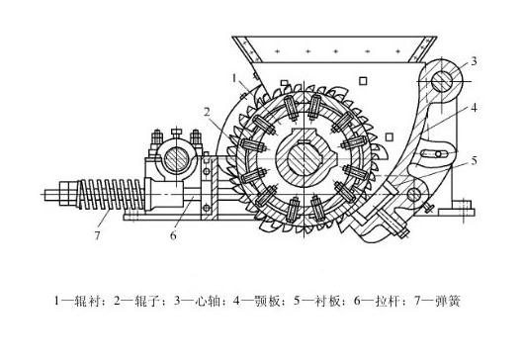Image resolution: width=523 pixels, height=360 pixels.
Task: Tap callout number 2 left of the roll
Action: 209,112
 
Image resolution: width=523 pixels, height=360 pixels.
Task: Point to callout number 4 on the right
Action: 475,108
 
